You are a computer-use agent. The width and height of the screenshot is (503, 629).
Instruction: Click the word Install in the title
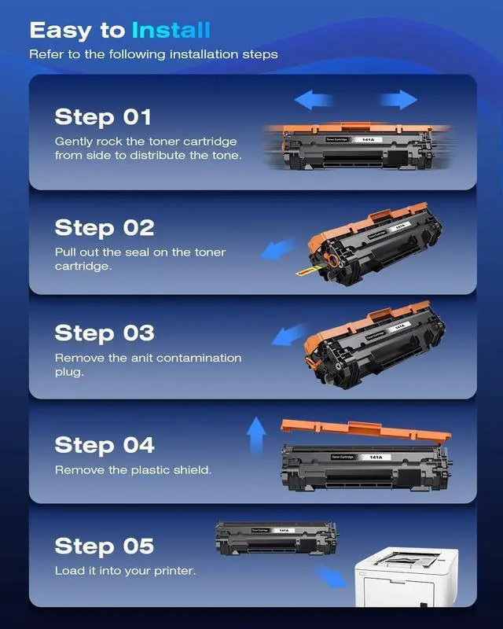coord(171,31)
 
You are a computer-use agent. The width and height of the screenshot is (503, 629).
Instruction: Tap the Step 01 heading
coord(103,117)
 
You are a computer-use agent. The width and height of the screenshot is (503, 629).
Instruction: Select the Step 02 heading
coord(105,228)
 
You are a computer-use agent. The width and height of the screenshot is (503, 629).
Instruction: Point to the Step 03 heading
coord(105,333)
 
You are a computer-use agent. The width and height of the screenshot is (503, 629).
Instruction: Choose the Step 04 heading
coord(105,445)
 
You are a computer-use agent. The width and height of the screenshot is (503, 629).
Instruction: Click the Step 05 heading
coord(105,546)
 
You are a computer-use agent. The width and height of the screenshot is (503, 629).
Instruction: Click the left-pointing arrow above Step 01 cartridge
coord(314,100)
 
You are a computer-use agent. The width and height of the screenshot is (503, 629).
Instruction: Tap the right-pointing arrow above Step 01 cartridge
coord(398,100)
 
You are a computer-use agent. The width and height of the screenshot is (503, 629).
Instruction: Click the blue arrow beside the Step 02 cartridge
coord(277,248)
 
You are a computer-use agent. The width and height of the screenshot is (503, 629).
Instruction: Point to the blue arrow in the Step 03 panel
coord(289,335)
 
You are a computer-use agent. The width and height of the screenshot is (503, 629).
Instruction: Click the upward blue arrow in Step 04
coord(256,436)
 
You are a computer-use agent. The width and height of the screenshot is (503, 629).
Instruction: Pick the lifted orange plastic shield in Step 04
coord(365,430)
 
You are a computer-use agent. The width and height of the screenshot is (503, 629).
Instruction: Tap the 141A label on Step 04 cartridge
coord(376,458)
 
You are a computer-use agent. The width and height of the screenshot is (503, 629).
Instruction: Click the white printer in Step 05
coord(406,577)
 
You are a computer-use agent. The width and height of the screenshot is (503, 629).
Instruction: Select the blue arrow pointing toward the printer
coord(331,576)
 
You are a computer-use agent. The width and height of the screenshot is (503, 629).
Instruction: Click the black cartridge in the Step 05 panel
coord(276,538)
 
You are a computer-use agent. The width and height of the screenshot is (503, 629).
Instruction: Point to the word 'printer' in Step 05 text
coord(175,572)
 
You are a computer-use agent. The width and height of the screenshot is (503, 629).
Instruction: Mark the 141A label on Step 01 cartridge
coord(368,140)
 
